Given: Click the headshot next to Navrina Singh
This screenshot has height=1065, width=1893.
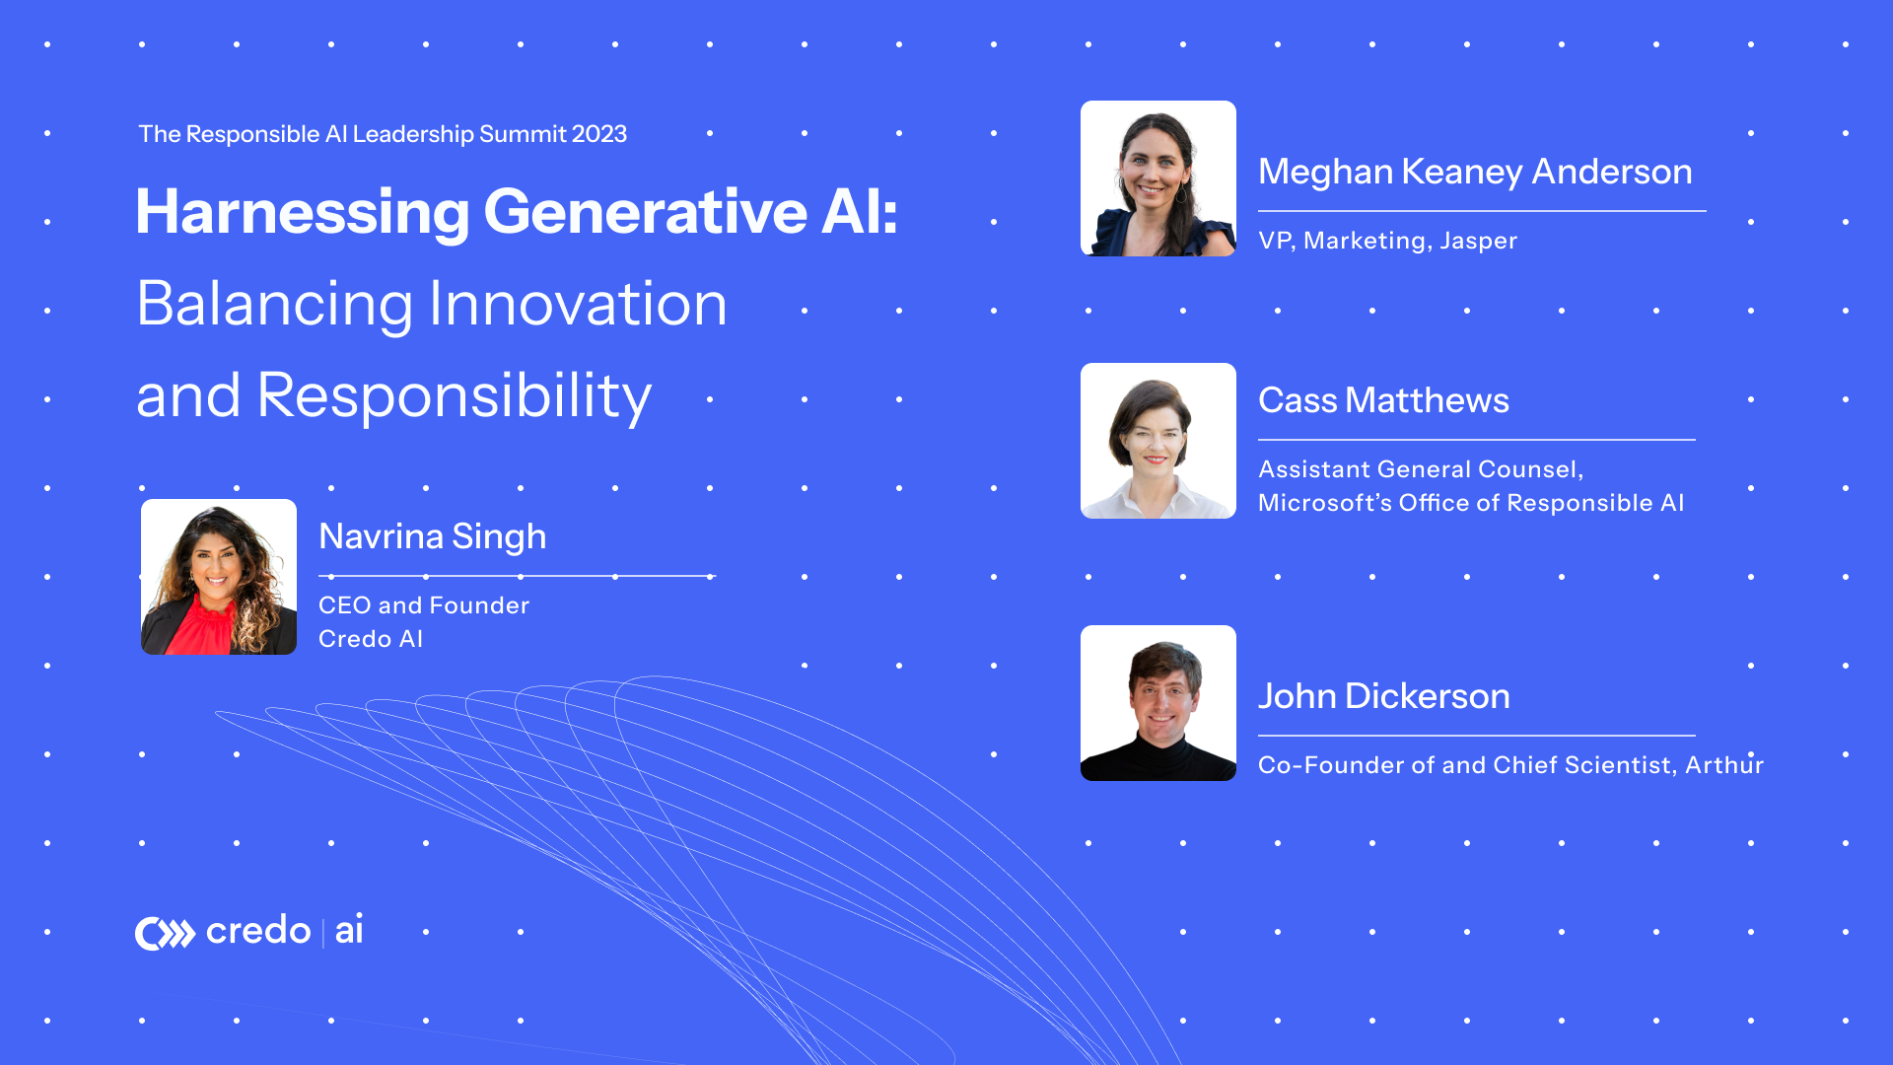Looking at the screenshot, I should click(219, 577).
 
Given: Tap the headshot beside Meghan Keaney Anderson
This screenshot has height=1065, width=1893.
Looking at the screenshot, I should click(1158, 178).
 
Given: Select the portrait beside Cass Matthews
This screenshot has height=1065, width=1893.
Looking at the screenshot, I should click(1158, 441).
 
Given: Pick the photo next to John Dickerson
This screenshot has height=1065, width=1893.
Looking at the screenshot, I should click(1158, 703).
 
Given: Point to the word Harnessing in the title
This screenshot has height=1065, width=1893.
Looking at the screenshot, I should click(303, 213).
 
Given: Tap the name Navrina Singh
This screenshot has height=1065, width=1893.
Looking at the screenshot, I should click(432, 536).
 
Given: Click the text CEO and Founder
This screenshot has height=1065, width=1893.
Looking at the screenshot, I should click(424, 605).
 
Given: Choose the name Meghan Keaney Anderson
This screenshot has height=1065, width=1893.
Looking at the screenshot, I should click(1475, 172).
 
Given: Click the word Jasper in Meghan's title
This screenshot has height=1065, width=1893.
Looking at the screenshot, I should click(1478, 241).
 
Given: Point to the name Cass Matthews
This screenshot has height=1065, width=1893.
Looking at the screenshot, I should click(1383, 400).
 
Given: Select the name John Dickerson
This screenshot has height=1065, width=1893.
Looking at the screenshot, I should click(1383, 696).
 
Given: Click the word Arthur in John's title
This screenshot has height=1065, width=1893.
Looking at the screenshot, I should click(1723, 765).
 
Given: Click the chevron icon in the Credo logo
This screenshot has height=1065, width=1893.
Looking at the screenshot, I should click(166, 933).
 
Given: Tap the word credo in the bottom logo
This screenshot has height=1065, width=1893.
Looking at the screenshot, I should click(258, 931).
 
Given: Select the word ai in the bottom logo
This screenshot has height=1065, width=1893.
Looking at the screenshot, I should click(349, 931).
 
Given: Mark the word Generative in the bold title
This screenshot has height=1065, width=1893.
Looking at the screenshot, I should click(646, 213).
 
